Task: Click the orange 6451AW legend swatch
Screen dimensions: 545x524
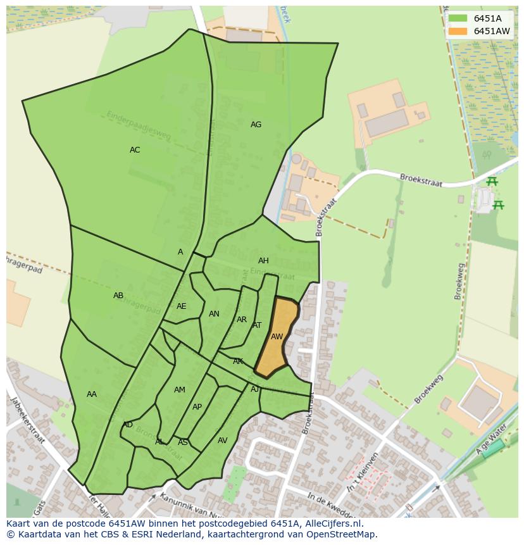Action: point(458,31)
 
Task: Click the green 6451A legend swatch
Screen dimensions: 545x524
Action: point(458,18)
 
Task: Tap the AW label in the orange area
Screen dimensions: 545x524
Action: point(277,337)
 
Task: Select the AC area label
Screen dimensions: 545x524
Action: point(135,150)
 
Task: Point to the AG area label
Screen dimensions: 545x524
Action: point(256,125)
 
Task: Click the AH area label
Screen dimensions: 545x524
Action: point(263,261)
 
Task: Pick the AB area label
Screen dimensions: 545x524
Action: point(118,296)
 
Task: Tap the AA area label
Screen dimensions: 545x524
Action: point(92,394)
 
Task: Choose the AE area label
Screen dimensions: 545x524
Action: point(182,306)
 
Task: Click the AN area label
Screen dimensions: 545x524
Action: point(214,314)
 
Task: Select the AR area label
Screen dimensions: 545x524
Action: point(242,320)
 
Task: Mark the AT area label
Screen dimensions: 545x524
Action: point(257,325)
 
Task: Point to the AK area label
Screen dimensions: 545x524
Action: point(238,361)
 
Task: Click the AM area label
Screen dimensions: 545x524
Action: point(180,390)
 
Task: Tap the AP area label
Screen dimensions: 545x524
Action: point(197,407)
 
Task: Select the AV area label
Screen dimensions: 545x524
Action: point(222,441)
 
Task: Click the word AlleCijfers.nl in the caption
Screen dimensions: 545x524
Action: point(332,523)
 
